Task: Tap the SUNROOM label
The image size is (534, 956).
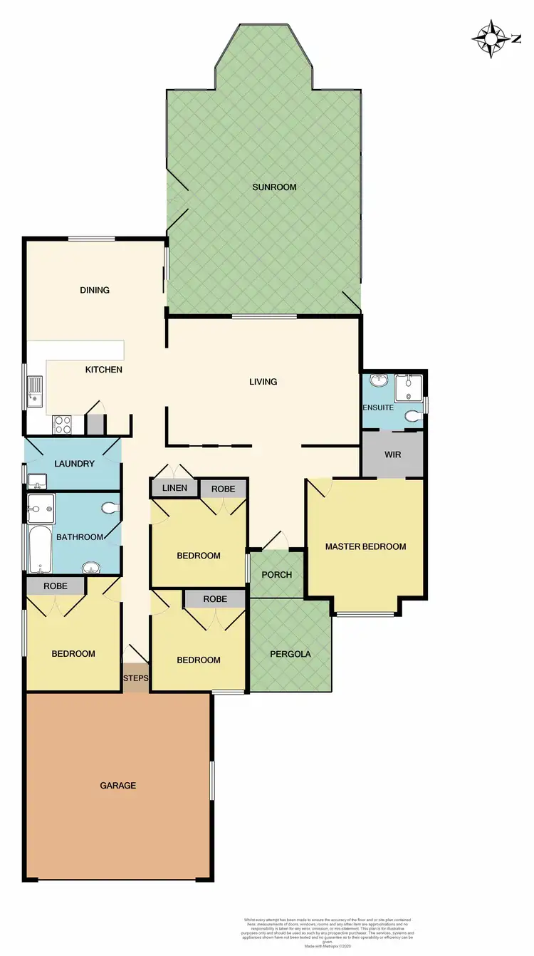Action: (x=274, y=187)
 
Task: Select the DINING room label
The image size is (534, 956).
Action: (x=95, y=290)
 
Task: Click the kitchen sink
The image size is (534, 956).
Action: (x=35, y=391)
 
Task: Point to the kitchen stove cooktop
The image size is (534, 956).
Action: (x=63, y=425)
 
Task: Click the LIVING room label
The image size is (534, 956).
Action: (x=263, y=382)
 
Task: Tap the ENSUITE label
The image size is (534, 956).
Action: (x=378, y=407)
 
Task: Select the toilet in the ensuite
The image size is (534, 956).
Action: (x=412, y=415)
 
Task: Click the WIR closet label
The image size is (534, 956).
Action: (x=393, y=454)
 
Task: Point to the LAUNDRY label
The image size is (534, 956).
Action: (x=74, y=464)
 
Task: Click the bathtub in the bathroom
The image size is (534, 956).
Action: (x=38, y=549)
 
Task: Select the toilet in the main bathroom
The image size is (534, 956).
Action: (x=110, y=509)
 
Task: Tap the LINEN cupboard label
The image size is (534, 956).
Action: (x=174, y=488)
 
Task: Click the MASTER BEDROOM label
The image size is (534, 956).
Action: (x=365, y=547)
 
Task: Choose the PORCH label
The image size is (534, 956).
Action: (x=277, y=575)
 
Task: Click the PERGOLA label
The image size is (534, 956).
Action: (x=290, y=654)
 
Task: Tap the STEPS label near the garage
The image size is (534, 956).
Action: (x=135, y=679)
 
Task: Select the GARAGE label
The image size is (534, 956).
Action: (x=117, y=785)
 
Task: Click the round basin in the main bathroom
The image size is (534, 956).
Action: (x=91, y=568)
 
